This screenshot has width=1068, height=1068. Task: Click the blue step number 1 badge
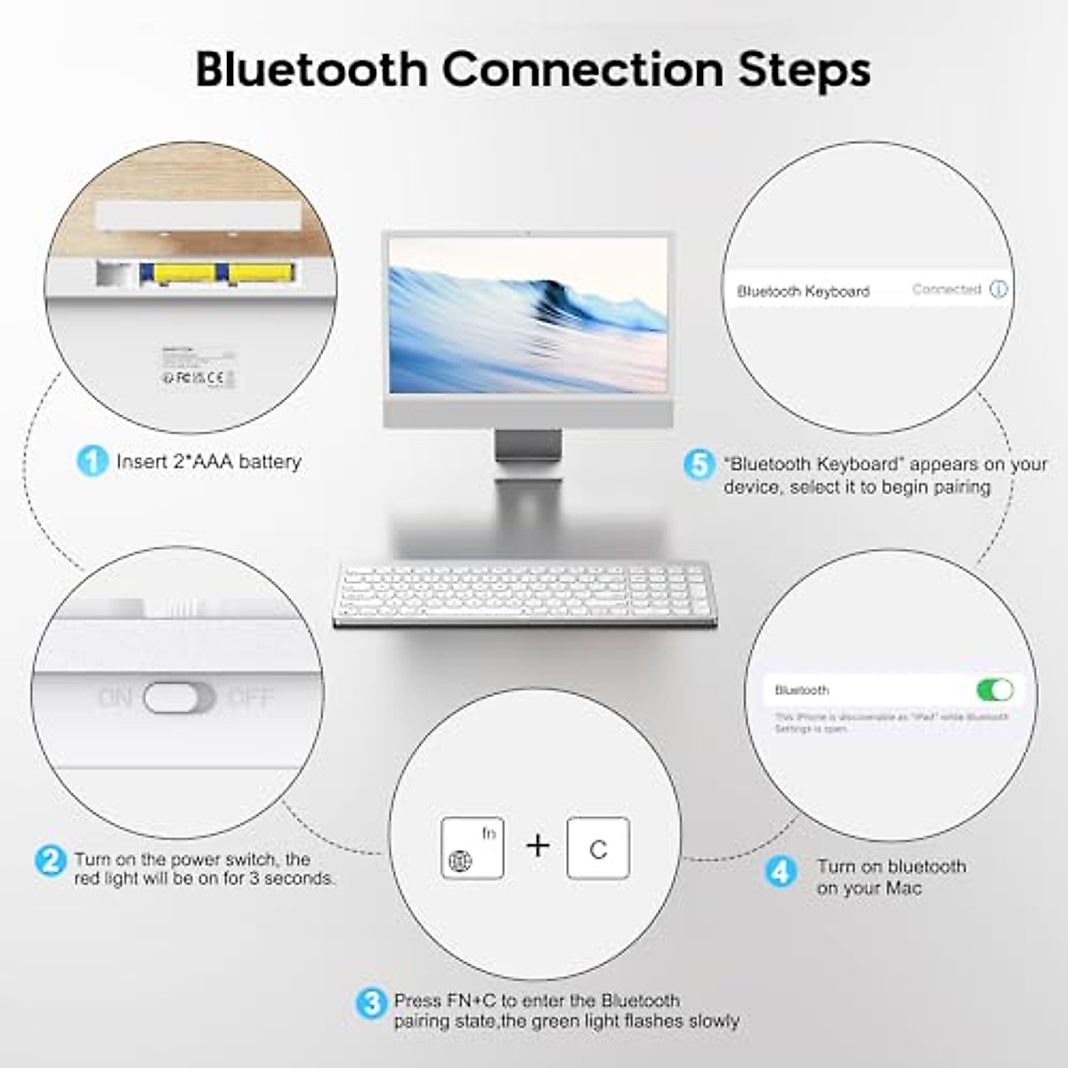click(92, 461)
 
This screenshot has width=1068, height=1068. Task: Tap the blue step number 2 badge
click(50, 861)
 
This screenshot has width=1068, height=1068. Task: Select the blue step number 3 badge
click(371, 1004)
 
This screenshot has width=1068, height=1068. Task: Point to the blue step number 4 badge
click(781, 870)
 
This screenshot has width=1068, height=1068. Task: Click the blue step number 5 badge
click(699, 465)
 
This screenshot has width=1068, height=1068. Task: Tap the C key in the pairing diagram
click(598, 848)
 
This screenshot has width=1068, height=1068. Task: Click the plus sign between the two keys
click(538, 845)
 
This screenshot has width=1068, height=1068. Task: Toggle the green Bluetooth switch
click(995, 690)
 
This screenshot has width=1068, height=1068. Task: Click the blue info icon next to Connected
click(999, 289)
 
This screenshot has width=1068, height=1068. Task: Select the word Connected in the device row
click(946, 289)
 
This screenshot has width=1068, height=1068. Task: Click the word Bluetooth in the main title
click(311, 69)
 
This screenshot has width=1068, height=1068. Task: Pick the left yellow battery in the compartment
click(183, 274)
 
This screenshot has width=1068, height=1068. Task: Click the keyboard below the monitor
click(523, 594)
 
